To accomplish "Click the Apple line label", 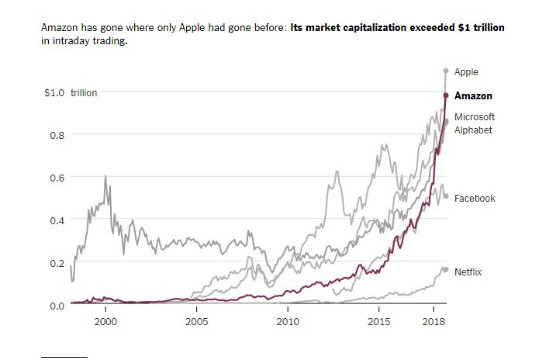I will click(466, 72).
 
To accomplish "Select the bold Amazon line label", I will click(473, 95).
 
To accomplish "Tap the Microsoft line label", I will click(475, 116).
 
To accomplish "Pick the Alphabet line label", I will click(473, 130).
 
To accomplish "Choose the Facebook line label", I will click(475, 199).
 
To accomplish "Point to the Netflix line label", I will click(468, 272).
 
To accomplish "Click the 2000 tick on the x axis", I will click(105, 320).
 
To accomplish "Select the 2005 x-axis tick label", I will click(196, 320).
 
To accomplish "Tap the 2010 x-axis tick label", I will click(288, 320).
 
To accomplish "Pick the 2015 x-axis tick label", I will click(378, 320).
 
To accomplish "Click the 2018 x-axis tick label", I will click(433, 320).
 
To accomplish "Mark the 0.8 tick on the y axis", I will click(56, 135).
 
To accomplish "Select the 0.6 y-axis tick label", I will click(56, 178).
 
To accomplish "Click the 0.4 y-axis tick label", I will click(56, 220).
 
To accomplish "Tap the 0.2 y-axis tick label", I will click(56, 263).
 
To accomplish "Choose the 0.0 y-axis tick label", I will click(56, 305).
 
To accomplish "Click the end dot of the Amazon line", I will click(446, 95).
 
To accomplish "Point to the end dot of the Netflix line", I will click(446, 270).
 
